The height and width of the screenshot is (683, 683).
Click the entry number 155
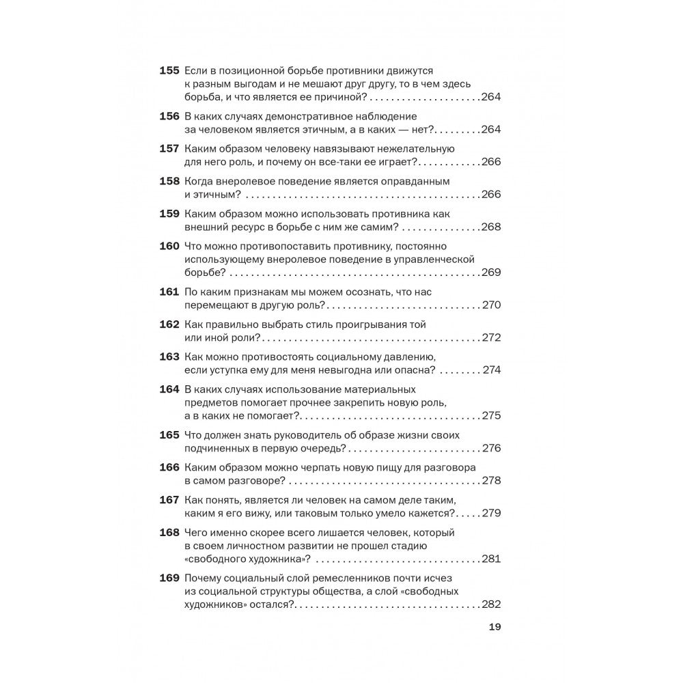[x=169, y=70]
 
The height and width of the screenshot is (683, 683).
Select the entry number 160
[x=169, y=246]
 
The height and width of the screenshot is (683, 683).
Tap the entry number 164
[x=169, y=389]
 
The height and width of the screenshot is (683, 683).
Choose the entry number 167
[x=169, y=500]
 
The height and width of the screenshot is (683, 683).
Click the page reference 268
[x=491, y=227]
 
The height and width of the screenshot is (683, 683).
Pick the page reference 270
[x=491, y=305]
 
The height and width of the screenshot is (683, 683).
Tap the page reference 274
[x=491, y=370]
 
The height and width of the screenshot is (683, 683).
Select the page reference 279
[x=491, y=513]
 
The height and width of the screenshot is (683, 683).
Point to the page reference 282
[x=491, y=604]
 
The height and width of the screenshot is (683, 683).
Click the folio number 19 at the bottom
[x=495, y=629]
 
